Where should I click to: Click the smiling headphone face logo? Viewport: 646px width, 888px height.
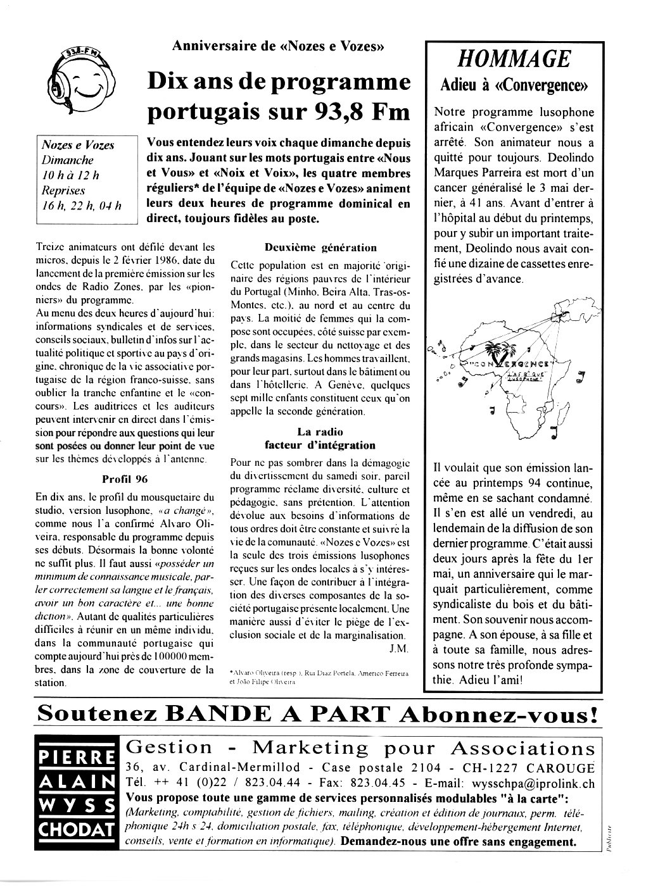tap(80, 81)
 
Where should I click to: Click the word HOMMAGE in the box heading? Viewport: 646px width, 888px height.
tap(514, 59)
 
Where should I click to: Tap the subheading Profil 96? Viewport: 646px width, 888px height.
tap(124, 478)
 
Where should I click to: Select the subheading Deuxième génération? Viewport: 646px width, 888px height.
tap(320, 247)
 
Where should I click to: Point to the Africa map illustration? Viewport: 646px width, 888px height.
tap(513, 373)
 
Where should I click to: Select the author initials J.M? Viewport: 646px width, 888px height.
tap(399, 649)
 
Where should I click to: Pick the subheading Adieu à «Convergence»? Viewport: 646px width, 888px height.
tap(514, 85)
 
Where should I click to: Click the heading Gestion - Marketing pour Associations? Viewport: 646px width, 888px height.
tap(360, 748)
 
